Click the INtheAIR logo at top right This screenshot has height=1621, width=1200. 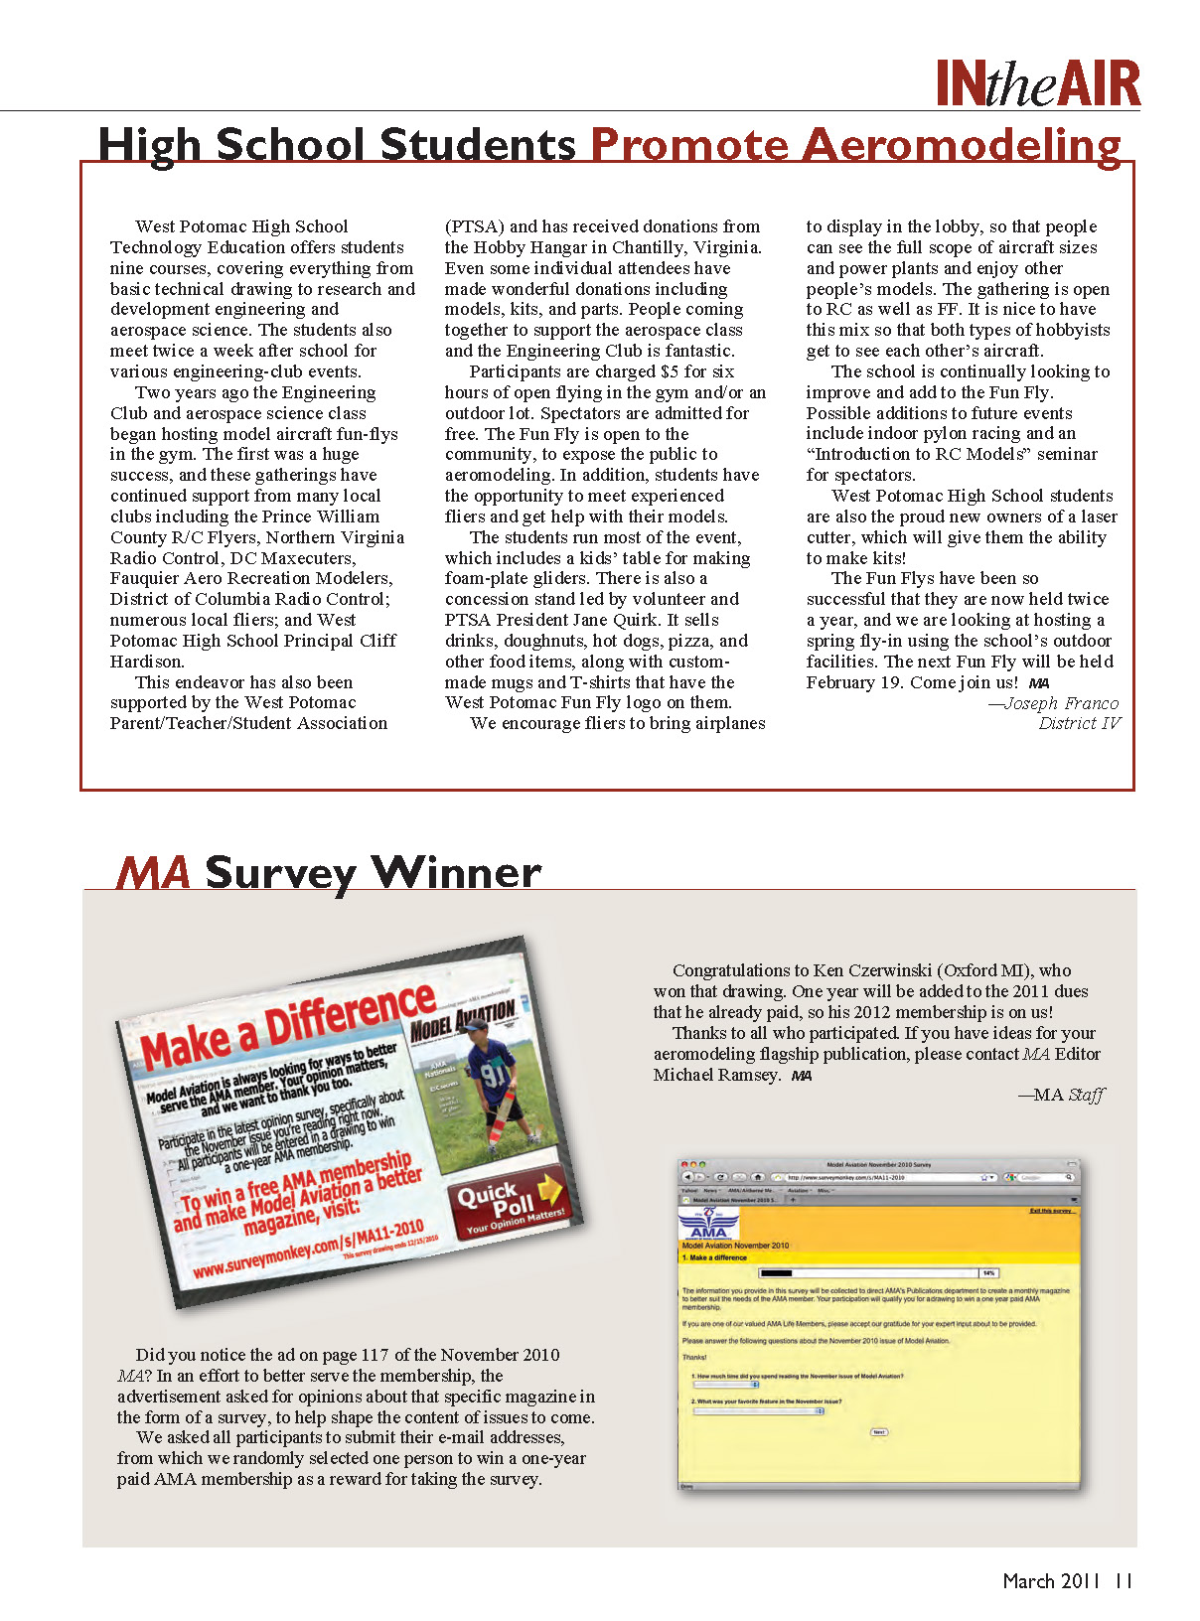tap(1038, 83)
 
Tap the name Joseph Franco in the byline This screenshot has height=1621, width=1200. tap(1061, 703)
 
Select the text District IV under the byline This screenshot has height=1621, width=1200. tap(1079, 723)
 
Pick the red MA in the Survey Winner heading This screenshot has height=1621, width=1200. tap(153, 873)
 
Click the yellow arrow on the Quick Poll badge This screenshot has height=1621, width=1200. tap(549, 1188)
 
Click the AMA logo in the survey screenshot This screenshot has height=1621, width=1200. tap(708, 1224)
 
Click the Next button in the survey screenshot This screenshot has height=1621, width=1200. tap(878, 1432)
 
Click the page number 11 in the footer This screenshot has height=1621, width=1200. tap(1124, 1581)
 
